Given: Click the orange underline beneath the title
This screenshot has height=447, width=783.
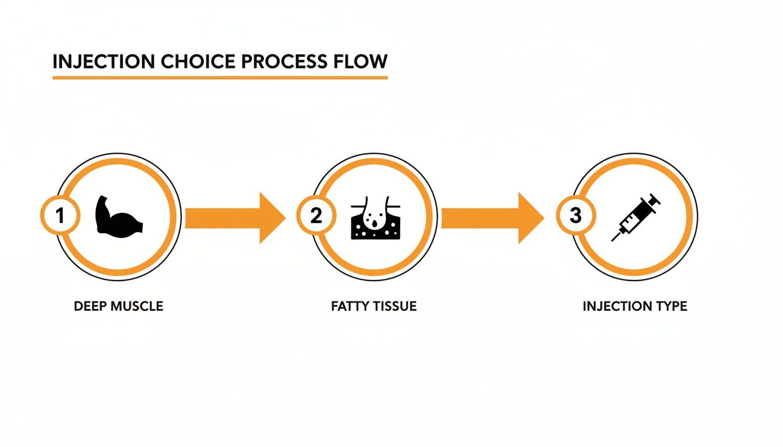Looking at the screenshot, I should click(220, 77).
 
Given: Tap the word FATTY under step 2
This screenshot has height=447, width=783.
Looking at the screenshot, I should click(348, 306).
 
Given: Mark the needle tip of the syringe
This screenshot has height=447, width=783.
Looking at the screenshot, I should click(612, 240).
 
